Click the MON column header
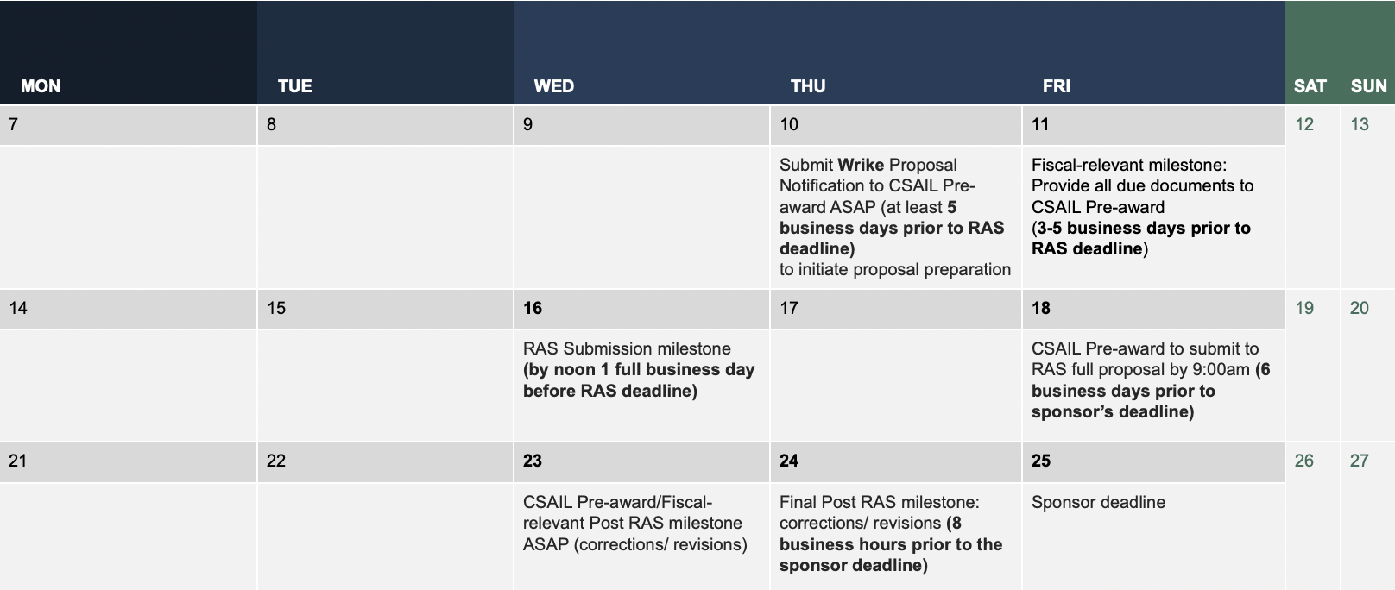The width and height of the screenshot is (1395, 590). pyautogui.click(x=41, y=86)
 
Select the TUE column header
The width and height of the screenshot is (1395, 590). pyautogui.click(x=294, y=86)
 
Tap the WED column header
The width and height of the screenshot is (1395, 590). pyautogui.click(x=553, y=86)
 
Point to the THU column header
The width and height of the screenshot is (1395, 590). pyautogui.click(x=808, y=86)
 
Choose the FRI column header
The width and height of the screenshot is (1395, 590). pyautogui.click(x=1057, y=86)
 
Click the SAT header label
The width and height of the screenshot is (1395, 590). pyautogui.click(x=1310, y=86)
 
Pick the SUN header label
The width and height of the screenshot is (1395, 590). pyautogui.click(x=1369, y=86)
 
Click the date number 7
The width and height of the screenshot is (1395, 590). pyautogui.click(x=13, y=124)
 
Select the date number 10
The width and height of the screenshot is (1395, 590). pyautogui.click(x=788, y=124)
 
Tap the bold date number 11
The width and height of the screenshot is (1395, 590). pyautogui.click(x=1040, y=124)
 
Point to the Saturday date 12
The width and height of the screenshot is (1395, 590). pyautogui.click(x=1304, y=124)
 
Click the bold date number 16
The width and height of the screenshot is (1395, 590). pyautogui.click(x=533, y=308)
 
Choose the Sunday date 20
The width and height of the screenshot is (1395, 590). pyautogui.click(x=1360, y=308)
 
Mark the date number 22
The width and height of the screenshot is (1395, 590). pyautogui.click(x=276, y=461)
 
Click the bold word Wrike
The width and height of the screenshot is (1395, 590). pyautogui.click(x=861, y=165)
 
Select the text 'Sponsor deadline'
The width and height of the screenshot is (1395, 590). pyautogui.click(x=1098, y=502)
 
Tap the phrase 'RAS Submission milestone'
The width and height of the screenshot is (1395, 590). pyautogui.click(x=627, y=348)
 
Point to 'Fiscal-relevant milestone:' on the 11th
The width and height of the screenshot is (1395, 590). pyautogui.click(x=1129, y=165)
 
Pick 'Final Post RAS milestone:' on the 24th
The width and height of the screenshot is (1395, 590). pyautogui.click(x=880, y=502)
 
